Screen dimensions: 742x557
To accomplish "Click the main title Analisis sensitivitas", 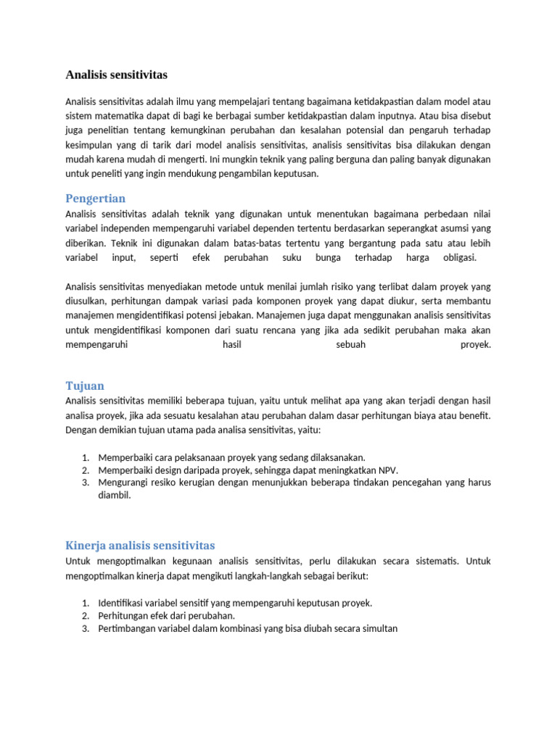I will click(116, 75).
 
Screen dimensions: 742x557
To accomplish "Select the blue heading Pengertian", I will click(95, 199).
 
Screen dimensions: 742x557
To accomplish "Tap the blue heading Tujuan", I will click(85, 386).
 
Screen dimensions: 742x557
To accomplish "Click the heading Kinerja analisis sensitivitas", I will click(140, 545).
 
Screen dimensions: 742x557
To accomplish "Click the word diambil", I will click(115, 496).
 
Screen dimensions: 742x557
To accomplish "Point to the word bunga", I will click(328, 258).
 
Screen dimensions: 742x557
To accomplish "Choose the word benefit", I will click(474, 415).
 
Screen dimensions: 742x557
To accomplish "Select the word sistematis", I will click(436, 561).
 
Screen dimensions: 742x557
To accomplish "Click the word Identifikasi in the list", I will click(125, 603).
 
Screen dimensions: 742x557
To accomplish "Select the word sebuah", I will click(351, 345).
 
